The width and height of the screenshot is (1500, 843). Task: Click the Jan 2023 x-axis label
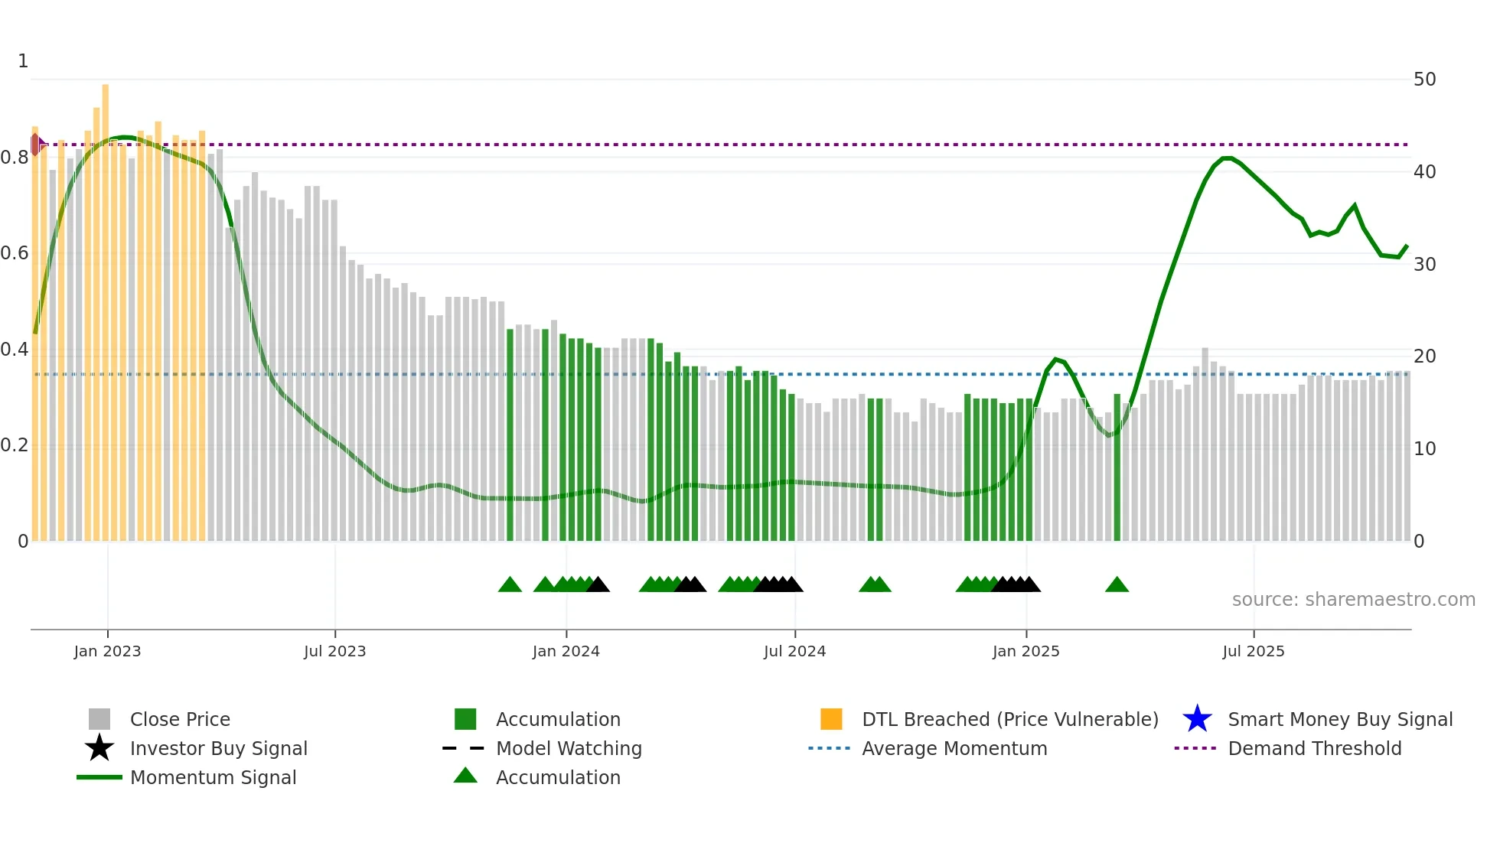pos(107,651)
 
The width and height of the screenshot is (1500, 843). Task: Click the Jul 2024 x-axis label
pos(794,651)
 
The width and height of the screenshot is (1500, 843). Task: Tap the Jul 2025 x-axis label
pos(1253,651)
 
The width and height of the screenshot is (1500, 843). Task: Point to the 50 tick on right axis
pos(1424,80)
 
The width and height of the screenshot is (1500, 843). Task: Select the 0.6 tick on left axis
pos(15,253)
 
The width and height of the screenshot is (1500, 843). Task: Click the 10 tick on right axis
pos(1424,449)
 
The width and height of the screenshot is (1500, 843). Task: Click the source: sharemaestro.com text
pos(1353,600)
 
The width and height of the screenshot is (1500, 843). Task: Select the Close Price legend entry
pos(180,719)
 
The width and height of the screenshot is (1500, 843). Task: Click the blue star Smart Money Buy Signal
pos(1197,719)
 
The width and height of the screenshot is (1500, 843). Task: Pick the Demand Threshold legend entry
pos(1314,748)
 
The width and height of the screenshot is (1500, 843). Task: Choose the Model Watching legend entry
pos(569,748)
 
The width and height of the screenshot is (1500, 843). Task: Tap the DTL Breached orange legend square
pos(831,719)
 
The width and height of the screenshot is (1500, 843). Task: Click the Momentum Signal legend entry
pos(213,777)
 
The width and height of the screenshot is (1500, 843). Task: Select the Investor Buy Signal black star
pos(99,748)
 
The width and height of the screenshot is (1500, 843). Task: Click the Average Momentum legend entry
pos(954,748)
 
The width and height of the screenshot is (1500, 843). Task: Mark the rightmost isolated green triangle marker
pos(1117,585)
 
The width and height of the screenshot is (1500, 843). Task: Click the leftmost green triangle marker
pos(510,585)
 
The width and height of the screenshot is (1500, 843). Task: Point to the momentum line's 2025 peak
pos(1227,158)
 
